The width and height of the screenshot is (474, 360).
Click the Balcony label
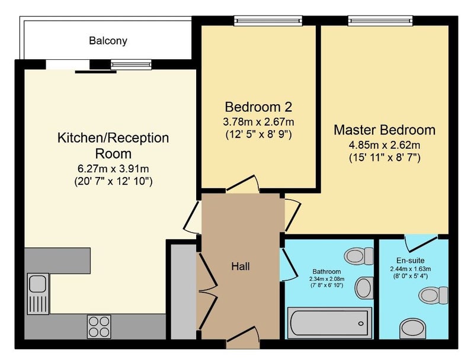[x=108, y=41]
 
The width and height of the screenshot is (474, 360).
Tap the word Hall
[x=241, y=266]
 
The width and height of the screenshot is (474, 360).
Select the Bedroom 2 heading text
[x=258, y=107]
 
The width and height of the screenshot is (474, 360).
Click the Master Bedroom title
[x=385, y=130]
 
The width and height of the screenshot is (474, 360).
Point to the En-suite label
[x=410, y=261]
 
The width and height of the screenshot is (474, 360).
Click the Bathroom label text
[x=326, y=272]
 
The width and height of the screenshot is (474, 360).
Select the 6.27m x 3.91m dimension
[x=113, y=168]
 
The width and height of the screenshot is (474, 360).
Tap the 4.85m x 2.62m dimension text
[x=385, y=145]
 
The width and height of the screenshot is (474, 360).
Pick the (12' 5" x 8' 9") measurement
[x=258, y=134]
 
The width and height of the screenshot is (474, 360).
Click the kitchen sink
[x=38, y=294]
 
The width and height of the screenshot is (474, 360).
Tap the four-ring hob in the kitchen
[x=99, y=326]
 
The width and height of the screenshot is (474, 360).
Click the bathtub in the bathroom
[x=329, y=323]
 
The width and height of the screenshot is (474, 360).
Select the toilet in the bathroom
[x=359, y=256]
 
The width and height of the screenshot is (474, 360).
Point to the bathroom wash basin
[x=364, y=288]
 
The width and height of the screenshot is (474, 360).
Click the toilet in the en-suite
[x=433, y=295]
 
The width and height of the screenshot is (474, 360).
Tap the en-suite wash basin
[x=412, y=329]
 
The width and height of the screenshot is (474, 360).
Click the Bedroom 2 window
[x=268, y=21]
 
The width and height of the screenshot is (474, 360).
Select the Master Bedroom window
[x=380, y=21]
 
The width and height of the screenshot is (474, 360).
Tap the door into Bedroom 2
[x=243, y=184]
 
